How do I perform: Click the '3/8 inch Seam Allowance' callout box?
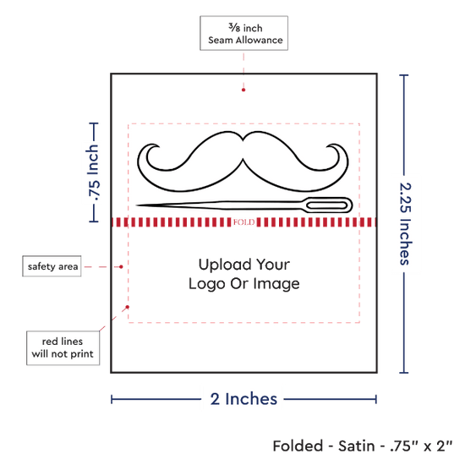[x=243, y=33]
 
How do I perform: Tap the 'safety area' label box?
[x=52, y=266]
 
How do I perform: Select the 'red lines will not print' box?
[x=63, y=347]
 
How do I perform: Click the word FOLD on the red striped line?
[x=243, y=222]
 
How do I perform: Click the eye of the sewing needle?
[x=327, y=205]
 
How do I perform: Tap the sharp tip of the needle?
[x=137, y=205]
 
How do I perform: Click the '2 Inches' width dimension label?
[x=243, y=399]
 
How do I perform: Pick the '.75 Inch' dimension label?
[x=93, y=172]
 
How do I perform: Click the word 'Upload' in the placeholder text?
[x=225, y=265]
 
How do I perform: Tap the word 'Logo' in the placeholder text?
[x=207, y=284]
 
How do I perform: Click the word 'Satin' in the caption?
[x=357, y=446]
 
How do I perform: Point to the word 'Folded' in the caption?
[x=298, y=446]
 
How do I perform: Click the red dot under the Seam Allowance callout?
[x=243, y=90]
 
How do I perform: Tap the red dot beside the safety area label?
[x=121, y=267]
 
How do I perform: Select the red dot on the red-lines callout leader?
[x=128, y=307]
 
